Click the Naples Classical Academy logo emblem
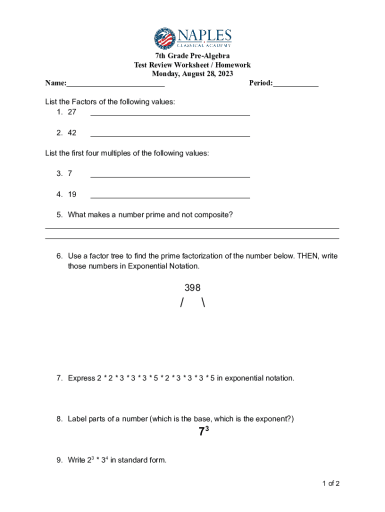[x=165, y=38]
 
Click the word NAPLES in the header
[x=204, y=35]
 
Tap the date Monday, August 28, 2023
[x=192, y=74]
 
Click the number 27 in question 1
[x=72, y=112]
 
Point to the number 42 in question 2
[x=72, y=133]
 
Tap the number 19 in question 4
[x=72, y=194]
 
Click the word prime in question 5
[x=154, y=215]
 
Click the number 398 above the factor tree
[x=192, y=288]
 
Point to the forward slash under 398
[x=182, y=303]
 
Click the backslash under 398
[x=203, y=303]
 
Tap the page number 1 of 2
[x=331, y=483]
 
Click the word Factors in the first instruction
[x=84, y=102]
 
